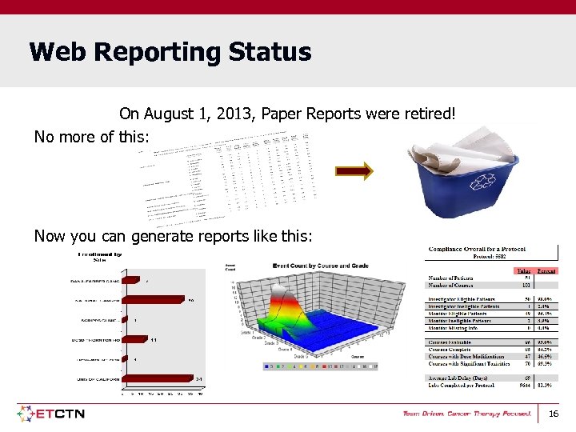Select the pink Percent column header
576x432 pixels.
pos(546,270)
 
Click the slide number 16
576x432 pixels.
pos(553,414)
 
